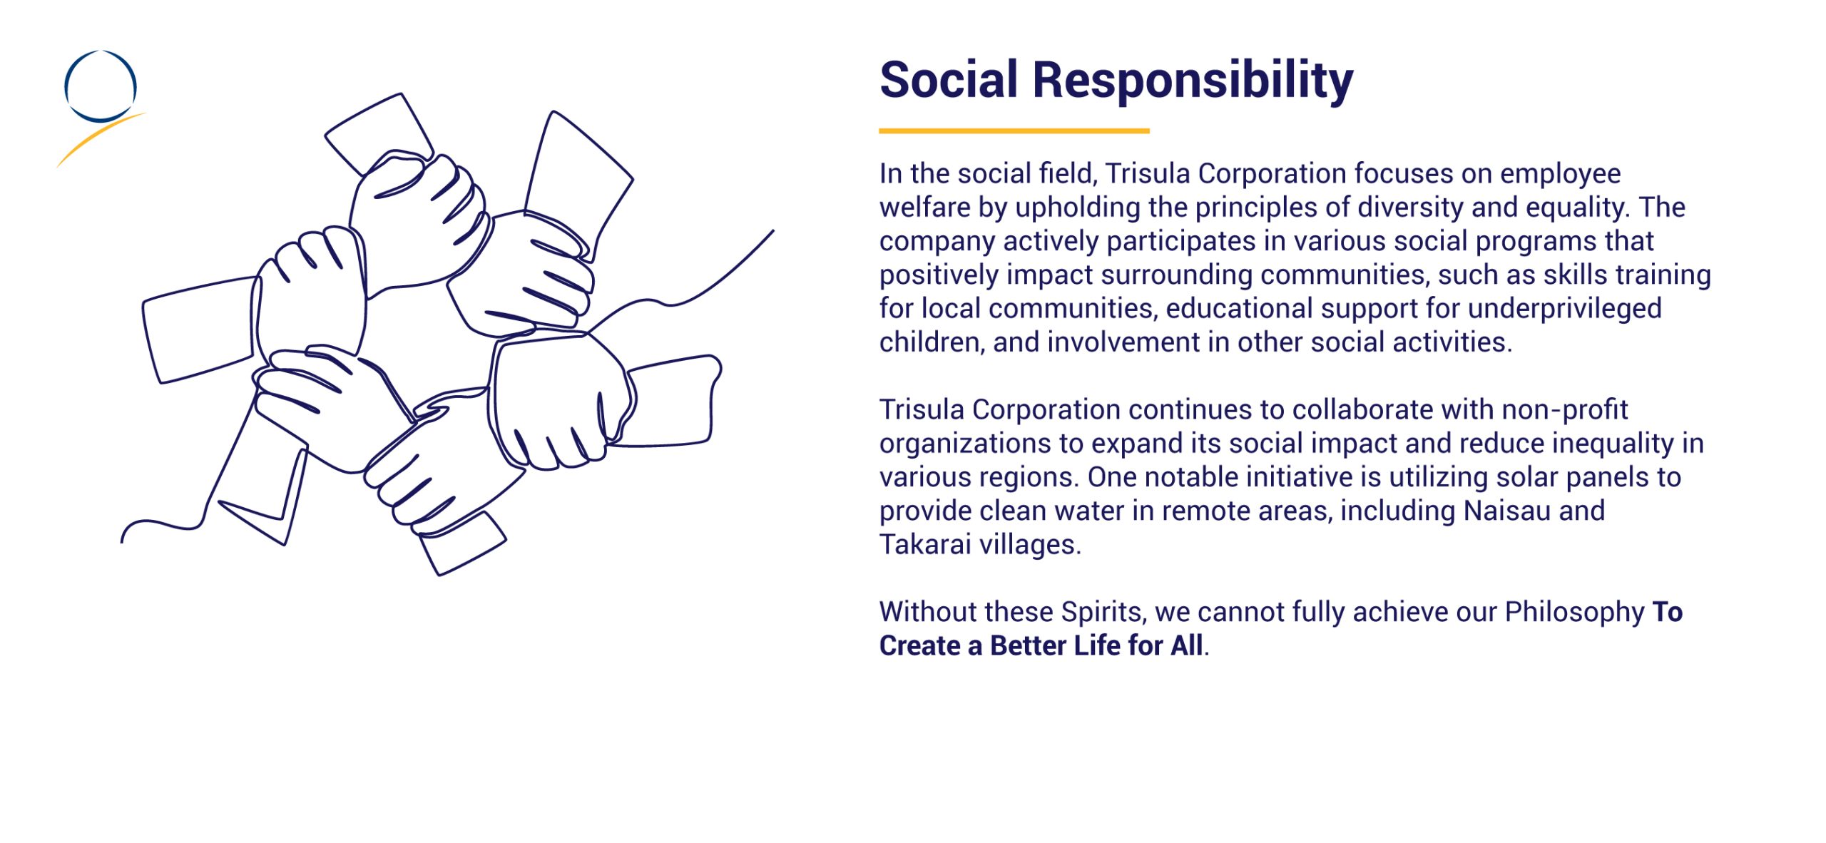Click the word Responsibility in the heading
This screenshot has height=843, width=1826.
(1193, 81)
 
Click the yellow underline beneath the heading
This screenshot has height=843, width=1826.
(1014, 131)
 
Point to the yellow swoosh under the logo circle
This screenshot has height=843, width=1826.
(100, 139)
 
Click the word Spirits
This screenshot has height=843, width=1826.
(1104, 613)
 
